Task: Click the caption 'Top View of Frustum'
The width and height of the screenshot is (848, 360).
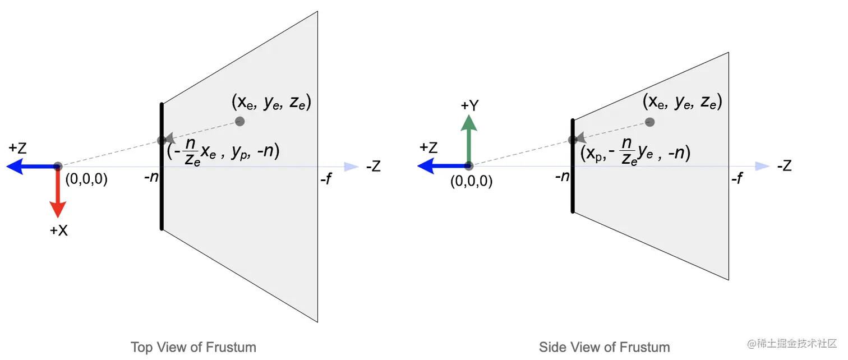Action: tap(193, 347)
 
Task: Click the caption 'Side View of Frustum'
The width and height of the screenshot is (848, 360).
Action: tap(604, 347)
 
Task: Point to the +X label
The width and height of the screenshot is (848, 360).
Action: tap(58, 230)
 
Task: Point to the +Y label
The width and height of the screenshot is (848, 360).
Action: tap(469, 105)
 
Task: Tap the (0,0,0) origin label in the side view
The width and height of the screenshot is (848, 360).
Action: tap(471, 182)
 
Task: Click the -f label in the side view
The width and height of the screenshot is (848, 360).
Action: tap(737, 179)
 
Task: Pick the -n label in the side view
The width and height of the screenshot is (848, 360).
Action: tap(561, 177)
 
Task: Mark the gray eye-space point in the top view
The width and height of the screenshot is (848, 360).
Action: tap(239, 121)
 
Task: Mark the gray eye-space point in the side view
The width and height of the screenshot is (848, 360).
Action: tap(650, 122)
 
